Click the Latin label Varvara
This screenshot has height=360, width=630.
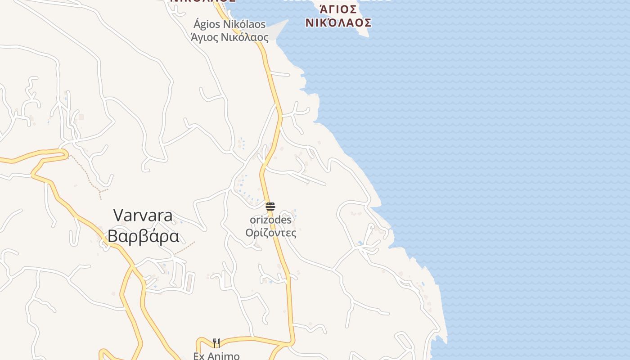(143, 216)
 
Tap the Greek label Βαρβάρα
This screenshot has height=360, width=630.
(143, 236)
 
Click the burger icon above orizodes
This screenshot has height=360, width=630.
(270, 207)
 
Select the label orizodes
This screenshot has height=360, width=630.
(270, 220)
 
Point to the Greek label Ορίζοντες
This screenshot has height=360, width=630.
(270, 233)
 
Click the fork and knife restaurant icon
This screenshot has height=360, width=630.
(216, 343)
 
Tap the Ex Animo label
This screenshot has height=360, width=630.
(216, 356)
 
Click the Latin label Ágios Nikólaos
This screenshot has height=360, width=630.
(229, 24)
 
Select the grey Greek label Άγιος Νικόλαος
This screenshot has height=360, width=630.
(229, 37)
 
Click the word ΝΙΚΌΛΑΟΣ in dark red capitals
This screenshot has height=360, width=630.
(338, 22)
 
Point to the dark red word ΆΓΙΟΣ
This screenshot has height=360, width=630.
(338, 9)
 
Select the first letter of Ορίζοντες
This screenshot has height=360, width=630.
(249, 233)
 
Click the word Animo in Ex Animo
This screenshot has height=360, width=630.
(224, 356)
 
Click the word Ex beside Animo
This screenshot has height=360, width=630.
(199, 356)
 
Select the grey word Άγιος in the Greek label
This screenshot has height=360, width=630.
(204, 37)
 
